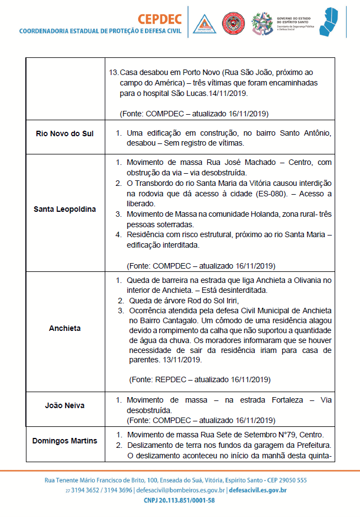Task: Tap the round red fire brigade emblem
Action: [x=233, y=24]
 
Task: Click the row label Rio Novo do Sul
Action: [x=65, y=134]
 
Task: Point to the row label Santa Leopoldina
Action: [x=65, y=209]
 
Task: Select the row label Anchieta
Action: [x=65, y=328]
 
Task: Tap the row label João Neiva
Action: [x=65, y=405]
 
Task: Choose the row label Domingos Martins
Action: [x=65, y=441]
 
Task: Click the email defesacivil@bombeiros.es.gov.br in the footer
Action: [x=181, y=490]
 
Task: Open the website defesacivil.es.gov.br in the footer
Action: [x=257, y=490]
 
